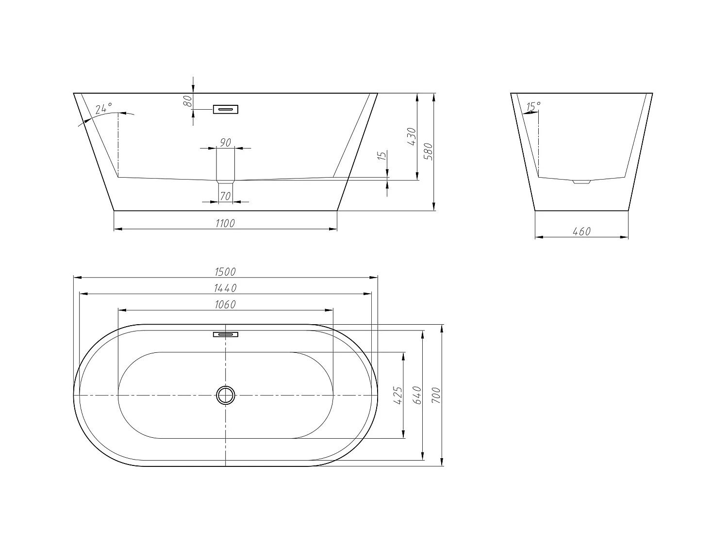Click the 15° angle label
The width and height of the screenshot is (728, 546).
[x=533, y=106]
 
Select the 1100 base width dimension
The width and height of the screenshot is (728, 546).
[x=225, y=223]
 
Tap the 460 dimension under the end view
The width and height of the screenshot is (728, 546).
[x=581, y=232]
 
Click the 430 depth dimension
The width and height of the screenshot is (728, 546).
[x=412, y=137]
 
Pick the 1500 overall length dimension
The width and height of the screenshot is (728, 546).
[x=225, y=272]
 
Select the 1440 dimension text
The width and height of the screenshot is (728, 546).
[x=225, y=288]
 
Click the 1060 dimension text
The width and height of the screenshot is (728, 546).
[x=225, y=304]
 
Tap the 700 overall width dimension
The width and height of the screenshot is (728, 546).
[x=436, y=396]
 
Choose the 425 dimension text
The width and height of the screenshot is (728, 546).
[x=398, y=396]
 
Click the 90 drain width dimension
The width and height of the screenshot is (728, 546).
[x=225, y=142]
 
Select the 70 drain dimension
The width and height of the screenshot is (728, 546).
[x=225, y=196]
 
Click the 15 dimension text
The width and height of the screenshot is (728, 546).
[x=382, y=156]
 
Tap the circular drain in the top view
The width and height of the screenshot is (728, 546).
[x=226, y=395]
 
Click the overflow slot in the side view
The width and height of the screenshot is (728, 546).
[x=226, y=109]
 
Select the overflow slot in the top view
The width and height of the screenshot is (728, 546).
[x=226, y=334]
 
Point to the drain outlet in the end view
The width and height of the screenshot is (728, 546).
[x=581, y=182]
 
